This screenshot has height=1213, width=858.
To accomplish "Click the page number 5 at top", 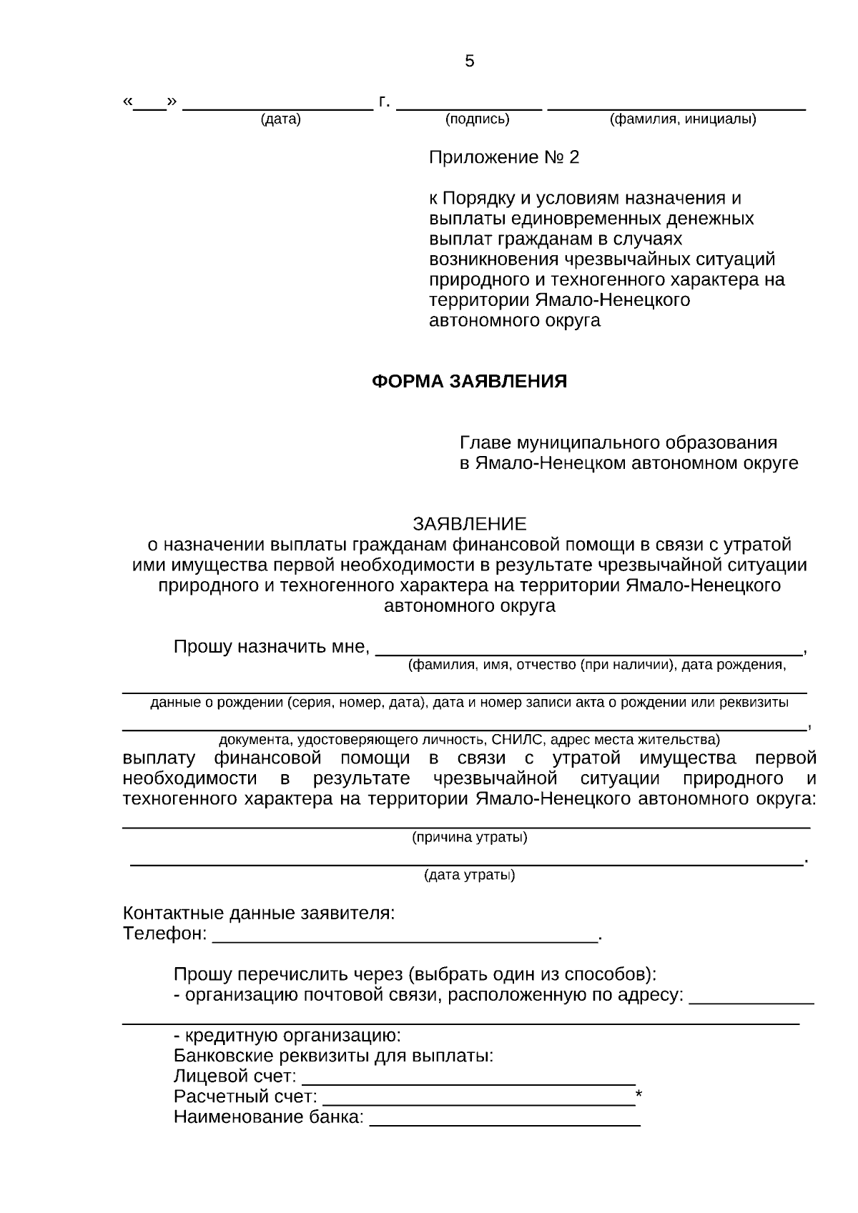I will [x=469, y=61].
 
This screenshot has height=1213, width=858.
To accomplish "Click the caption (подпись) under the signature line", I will [x=477, y=119].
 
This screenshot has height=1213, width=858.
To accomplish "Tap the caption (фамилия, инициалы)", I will [x=682, y=119].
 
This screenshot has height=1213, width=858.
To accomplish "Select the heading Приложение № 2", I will [x=503, y=157].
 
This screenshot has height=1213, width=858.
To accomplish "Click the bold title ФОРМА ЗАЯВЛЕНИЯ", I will [x=469, y=381].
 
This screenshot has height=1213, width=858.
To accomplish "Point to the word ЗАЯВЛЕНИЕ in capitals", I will [x=469, y=524].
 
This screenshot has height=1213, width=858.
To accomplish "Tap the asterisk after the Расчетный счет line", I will [x=639, y=1096].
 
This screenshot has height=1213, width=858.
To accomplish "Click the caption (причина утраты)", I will [x=469, y=837].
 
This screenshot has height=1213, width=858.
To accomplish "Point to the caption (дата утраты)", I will [x=469, y=875].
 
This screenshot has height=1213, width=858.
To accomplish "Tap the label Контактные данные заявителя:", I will [x=259, y=913].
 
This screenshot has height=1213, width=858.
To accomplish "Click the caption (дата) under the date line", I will [x=280, y=119].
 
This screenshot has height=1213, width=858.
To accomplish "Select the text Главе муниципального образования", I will [x=618, y=442].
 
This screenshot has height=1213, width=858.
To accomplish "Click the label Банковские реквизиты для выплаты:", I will [x=333, y=1056].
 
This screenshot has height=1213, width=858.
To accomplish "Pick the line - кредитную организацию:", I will [x=287, y=1035].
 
